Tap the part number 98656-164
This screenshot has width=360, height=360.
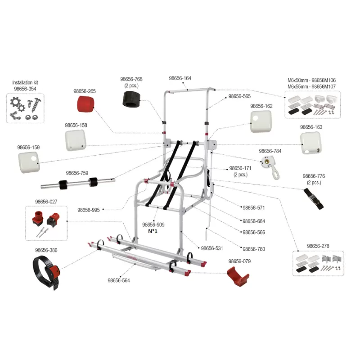tap(180, 78)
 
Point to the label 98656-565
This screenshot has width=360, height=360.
tap(239, 96)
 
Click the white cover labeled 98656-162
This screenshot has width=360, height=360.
tap(261, 122)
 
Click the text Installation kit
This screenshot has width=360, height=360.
tap(25, 83)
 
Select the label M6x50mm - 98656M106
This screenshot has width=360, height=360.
tap(311, 80)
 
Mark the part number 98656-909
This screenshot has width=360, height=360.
tap(153, 225)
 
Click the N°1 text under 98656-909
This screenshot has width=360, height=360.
tap(153, 231)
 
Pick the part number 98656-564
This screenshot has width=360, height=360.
tap(119, 280)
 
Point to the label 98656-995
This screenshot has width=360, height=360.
tap(88, 210)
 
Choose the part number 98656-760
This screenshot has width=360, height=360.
tap(254, 249)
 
